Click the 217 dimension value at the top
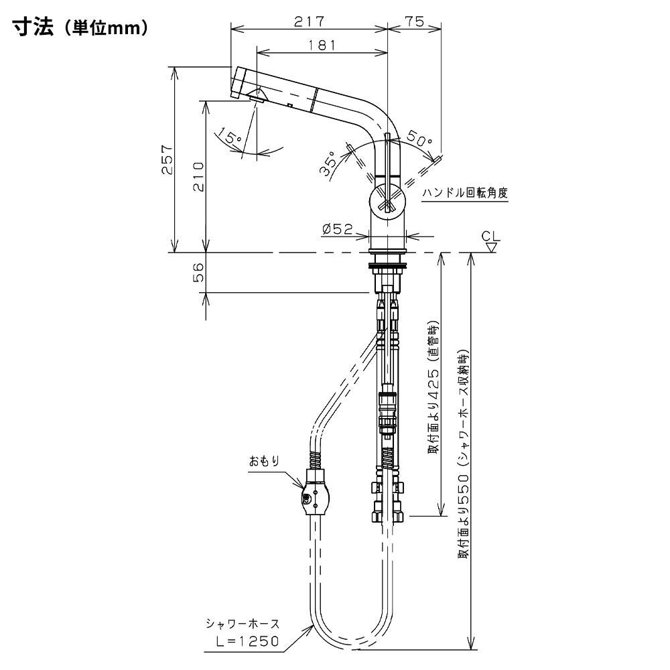(310, 21)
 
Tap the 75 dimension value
(414, 21)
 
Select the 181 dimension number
(322, 45)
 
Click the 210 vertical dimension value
(198, 176)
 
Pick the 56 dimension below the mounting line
(198, 272)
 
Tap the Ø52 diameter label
(338, 229)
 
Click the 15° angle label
(228, 135)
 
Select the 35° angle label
(329, 163)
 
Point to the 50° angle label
(419, 137)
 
